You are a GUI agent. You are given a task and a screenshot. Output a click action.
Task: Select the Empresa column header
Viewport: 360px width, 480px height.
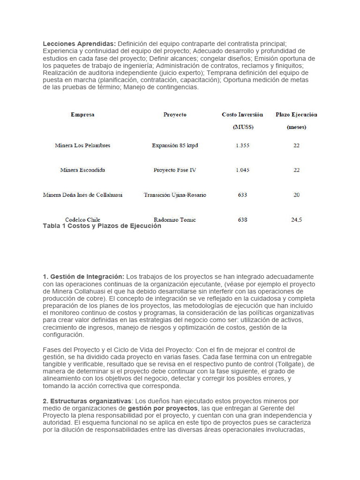82,114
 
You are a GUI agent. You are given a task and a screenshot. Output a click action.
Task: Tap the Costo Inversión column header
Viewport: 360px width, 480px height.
242,114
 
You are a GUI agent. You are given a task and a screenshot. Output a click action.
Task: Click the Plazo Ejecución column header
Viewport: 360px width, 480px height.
296,114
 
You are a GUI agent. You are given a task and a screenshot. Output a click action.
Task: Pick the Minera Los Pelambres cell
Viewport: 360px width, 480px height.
82,146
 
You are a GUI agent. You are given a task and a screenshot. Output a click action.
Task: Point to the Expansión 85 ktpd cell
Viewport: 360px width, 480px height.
175,146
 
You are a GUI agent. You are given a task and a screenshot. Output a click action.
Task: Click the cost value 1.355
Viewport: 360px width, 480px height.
242,146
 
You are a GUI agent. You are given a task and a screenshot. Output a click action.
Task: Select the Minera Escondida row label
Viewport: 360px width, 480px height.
82,170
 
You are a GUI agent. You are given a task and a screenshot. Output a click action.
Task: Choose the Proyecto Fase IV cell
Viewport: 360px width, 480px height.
175,170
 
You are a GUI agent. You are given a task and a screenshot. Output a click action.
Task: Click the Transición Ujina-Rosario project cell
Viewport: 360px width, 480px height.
175,195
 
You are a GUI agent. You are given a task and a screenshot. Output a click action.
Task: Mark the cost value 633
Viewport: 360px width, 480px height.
242,195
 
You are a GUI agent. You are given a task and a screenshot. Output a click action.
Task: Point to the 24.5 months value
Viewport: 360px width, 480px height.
296,219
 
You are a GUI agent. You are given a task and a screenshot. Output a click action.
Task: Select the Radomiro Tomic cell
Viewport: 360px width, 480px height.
175,219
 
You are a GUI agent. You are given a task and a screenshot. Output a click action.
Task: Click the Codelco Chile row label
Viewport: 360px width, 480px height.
82,219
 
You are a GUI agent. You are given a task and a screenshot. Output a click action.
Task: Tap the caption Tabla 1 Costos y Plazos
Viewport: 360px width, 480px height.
102,226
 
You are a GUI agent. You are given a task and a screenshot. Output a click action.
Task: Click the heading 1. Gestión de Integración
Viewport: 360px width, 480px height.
83,277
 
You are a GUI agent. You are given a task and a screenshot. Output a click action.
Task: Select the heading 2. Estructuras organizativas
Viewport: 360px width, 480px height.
88,401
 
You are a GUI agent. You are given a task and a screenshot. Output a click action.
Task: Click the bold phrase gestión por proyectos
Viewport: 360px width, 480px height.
163,408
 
